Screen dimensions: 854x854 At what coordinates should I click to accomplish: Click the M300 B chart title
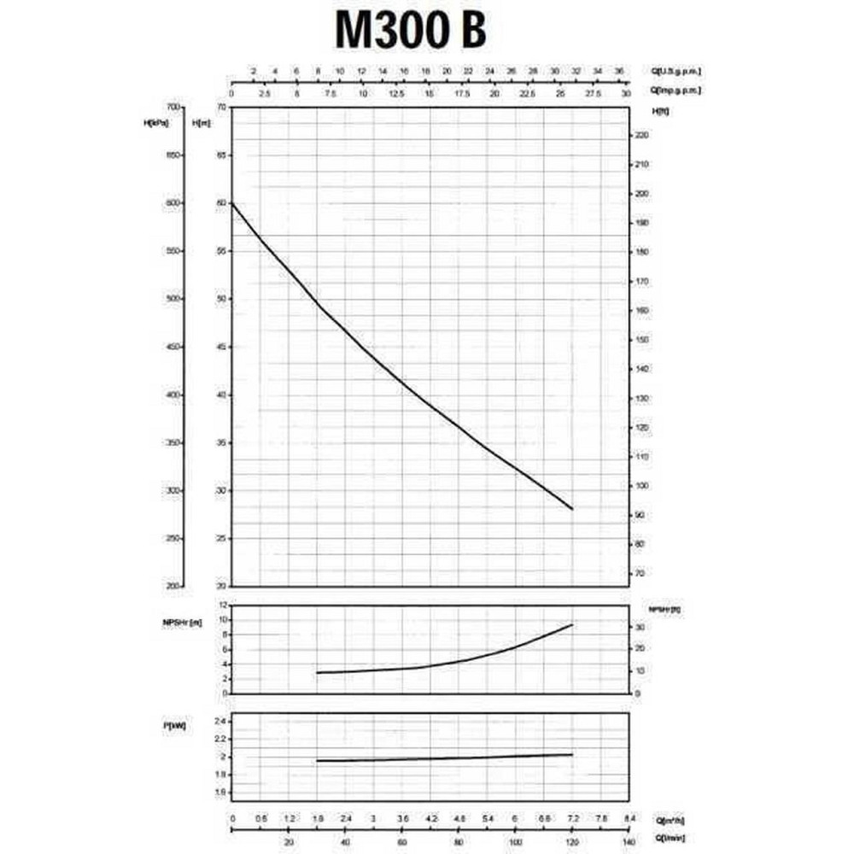[412, 31]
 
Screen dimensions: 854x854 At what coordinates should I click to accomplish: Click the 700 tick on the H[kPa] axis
[174, 107]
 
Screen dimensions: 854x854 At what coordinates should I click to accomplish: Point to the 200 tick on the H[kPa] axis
[174, 587]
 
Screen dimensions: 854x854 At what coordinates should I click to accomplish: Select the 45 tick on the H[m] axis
[221, 347]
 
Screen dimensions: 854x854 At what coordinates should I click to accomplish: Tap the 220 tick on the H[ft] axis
[643, 135]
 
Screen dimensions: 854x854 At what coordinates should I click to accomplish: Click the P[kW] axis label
[174, 725]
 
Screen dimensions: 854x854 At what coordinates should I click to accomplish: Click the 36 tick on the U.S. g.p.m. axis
[620, 71]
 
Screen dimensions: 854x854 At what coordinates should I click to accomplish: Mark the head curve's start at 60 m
[232, 203]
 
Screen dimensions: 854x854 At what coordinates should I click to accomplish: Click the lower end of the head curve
[572, 509]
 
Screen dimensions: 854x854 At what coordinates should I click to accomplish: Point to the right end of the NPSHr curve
[572, 625]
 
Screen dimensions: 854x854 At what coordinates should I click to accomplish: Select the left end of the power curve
[317, 761]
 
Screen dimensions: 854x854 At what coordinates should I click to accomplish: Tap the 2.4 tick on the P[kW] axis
[219, 722]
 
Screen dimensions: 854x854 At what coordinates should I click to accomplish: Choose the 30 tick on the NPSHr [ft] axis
[640, 628]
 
